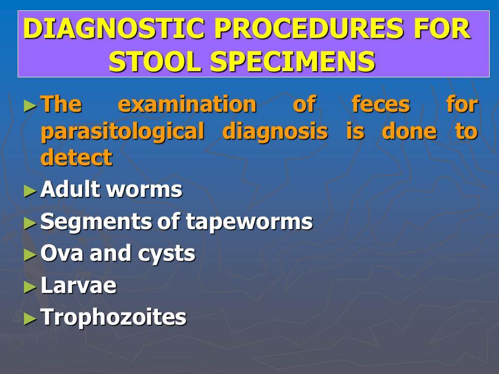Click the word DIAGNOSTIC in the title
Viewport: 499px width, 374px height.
114,29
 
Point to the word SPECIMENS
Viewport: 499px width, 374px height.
293,61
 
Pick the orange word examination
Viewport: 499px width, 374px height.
187,104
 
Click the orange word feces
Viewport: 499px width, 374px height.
380,104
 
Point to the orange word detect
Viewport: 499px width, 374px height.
76,157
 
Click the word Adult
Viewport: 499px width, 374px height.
70,189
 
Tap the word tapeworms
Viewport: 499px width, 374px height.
249,222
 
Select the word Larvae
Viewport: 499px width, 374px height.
78,285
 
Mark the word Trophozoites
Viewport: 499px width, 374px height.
113,317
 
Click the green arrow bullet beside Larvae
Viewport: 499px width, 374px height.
30,287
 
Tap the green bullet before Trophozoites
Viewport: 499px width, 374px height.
30,318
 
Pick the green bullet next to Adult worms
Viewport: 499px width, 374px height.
30,191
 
